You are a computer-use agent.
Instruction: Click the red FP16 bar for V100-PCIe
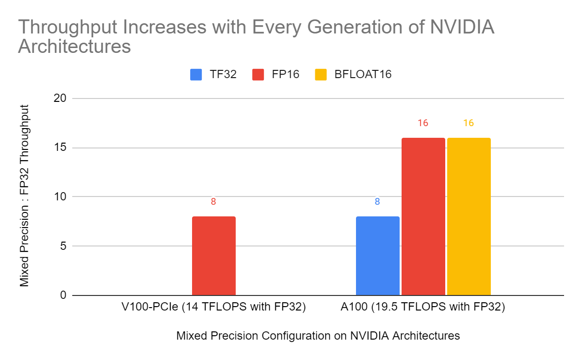click(x=214, y=256)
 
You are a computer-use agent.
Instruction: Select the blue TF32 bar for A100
click(x=377, y=256)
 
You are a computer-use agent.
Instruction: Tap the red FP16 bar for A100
click(x=423, y=216)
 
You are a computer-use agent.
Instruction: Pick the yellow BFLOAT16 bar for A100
click(x=469, y=216)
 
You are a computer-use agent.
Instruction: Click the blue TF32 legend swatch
click(x=196, y=75)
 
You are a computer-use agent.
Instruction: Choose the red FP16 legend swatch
click(x=258, y=75)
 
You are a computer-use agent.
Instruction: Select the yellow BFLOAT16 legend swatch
click(x=321, y=75)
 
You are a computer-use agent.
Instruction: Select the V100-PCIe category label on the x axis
click(x=213, y=308)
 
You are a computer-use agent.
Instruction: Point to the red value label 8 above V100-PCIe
click(x=213, y=201)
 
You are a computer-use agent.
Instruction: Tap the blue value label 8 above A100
click(x=377, y=201)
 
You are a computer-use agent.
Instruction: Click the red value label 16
click(x=423, y=123)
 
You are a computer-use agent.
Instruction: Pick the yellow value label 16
click(x=468, y=123)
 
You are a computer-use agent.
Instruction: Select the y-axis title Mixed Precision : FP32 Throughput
click(x=25, y=196)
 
